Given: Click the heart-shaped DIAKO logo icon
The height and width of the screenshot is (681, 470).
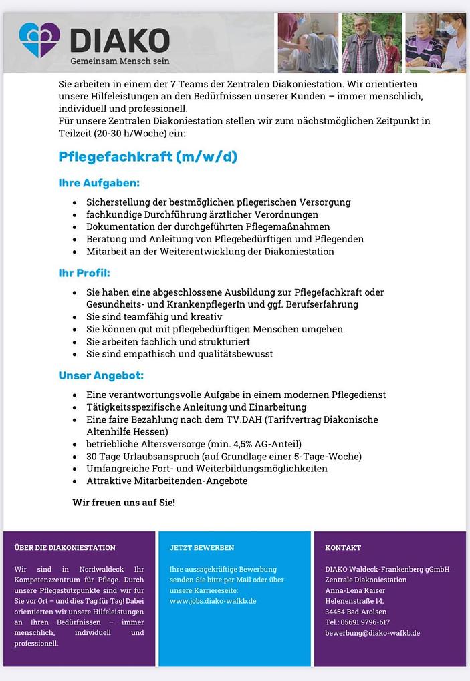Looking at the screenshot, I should coord(39,39).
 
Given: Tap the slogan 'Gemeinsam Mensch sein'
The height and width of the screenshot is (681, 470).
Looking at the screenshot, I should coord(120,61).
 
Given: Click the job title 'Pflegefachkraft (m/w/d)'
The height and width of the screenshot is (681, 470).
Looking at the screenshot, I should coord(148,157).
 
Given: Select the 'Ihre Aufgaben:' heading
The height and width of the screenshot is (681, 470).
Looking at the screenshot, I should coord(99,183).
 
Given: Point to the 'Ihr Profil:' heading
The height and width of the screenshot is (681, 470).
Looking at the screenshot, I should coord(84,273).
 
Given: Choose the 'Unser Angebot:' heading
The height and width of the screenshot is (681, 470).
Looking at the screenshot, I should coord(101,376).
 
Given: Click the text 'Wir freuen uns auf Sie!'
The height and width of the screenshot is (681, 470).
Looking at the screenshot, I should coord(124,502).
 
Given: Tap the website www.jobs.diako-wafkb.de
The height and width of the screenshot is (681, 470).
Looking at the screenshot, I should coord(213,601).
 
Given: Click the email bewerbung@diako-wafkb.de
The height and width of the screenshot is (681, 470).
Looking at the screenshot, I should coord(372,633).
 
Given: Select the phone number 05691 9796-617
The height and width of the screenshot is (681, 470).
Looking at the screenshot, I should coord(367,622).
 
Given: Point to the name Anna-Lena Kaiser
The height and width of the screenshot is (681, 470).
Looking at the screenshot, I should coord(355,590).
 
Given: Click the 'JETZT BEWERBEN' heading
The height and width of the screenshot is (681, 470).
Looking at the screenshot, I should coord(202,548).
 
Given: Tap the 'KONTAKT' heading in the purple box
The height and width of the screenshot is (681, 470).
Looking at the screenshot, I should coord(343,548).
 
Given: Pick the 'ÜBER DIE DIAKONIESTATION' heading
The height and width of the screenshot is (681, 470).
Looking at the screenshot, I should coord(65,548).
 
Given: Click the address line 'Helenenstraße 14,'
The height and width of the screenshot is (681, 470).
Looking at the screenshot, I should coord(354,601).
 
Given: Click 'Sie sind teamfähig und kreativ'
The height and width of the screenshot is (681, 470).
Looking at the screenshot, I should coord(154,316).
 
